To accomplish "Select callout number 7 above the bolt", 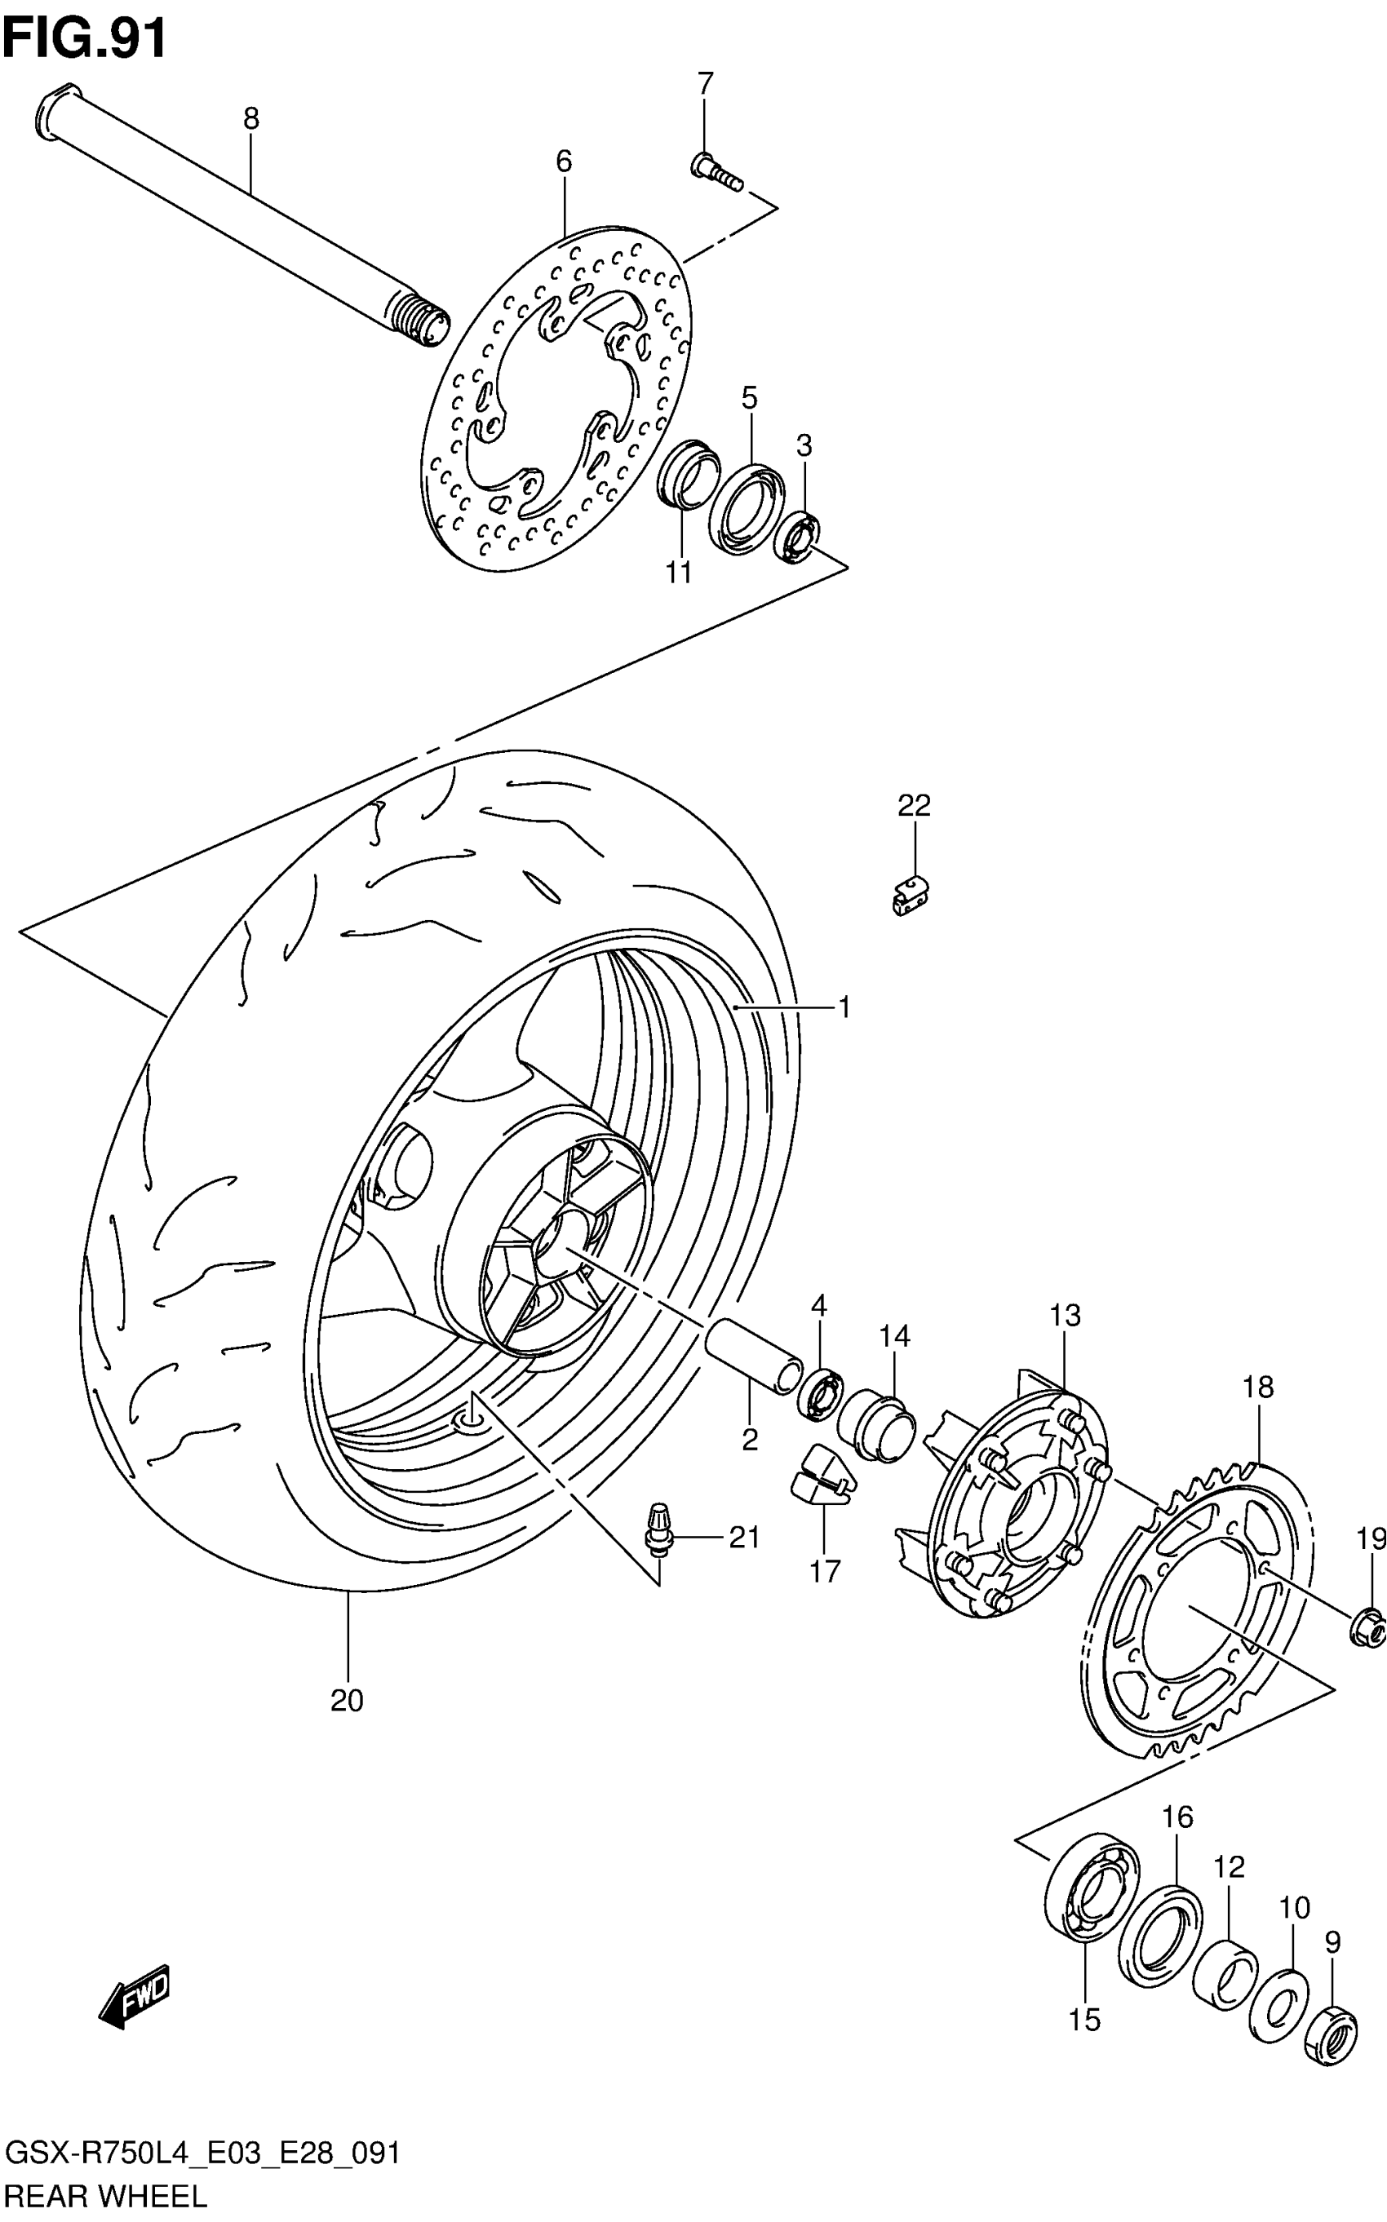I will coord(704,83).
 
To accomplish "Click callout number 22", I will coord(914,805).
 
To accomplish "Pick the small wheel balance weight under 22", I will coord(909,894).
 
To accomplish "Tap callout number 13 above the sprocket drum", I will coord(1065,1315).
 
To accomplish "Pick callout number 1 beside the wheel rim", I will coord(844,1008).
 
